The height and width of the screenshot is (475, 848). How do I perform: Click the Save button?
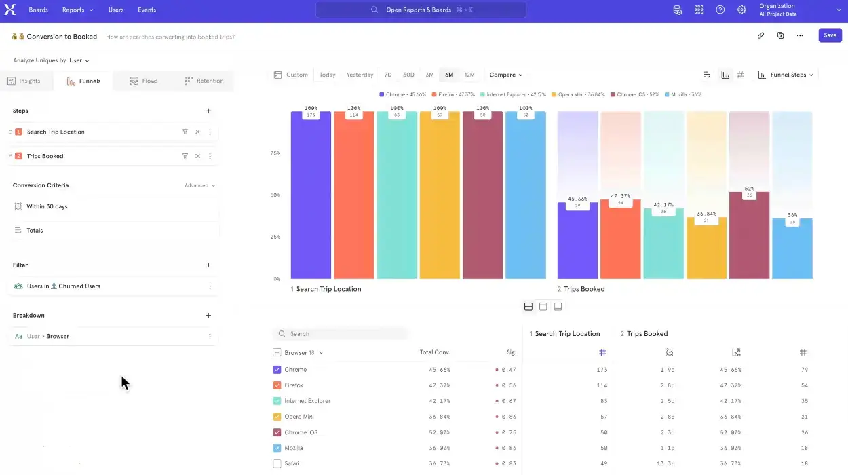830,35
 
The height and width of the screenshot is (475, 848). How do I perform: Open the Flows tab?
144,81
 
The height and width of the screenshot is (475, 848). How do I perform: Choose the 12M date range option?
469,75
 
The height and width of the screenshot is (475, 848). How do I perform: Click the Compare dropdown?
505,75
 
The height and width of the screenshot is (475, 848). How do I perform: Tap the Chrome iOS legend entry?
635,94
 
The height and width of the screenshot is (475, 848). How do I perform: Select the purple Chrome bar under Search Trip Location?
311,197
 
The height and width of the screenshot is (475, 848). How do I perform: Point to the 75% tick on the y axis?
275,153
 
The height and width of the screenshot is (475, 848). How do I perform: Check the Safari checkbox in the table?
277,463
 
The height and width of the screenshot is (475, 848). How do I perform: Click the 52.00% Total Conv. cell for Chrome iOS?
439,432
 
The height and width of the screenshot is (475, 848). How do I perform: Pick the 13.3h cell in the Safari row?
667,463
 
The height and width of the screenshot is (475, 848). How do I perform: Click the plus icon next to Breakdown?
208,315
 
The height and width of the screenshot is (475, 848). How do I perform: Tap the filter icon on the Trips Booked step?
185,156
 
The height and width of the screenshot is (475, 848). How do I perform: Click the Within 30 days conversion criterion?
47,206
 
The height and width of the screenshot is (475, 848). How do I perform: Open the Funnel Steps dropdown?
786,75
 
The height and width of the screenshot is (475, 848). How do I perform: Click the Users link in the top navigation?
116,10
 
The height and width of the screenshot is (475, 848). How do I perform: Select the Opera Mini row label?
298,417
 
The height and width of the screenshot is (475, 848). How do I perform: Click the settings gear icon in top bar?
741,10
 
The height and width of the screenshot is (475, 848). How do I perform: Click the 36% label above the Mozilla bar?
792,215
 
